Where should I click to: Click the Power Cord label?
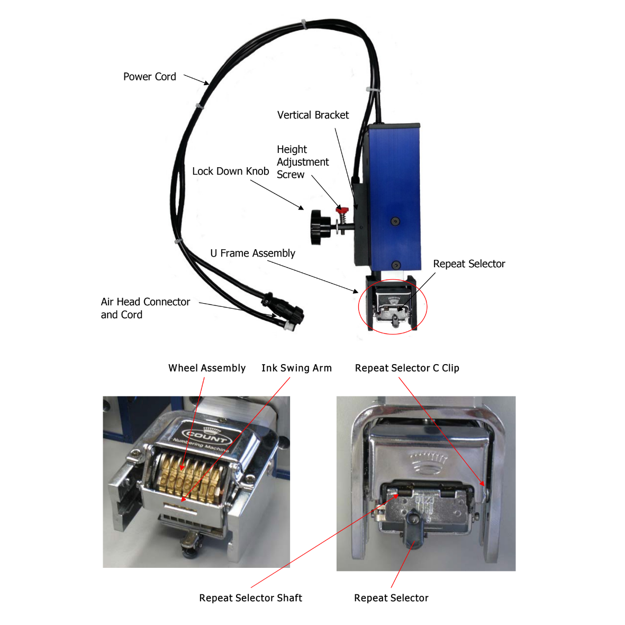149,77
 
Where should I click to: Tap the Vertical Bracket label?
313,115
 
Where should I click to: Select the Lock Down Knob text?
230,171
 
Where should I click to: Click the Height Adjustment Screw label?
302,162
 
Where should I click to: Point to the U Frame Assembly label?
252,253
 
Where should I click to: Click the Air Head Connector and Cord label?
145,308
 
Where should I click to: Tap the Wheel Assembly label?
207,368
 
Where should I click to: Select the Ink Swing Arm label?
296,368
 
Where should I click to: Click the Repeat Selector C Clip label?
407,368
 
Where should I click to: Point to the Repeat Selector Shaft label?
250,597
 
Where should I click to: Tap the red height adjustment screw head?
341,210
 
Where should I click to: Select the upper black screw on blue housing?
395,221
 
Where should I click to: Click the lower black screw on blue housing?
395,265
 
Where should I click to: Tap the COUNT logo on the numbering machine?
206,437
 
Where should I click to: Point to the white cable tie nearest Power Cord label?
199,106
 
